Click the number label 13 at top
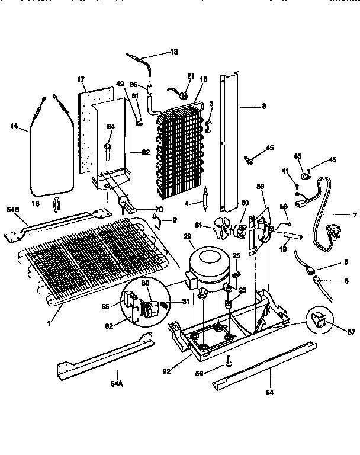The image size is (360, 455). tap(173, 52)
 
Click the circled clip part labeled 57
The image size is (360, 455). tap(318, 321)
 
